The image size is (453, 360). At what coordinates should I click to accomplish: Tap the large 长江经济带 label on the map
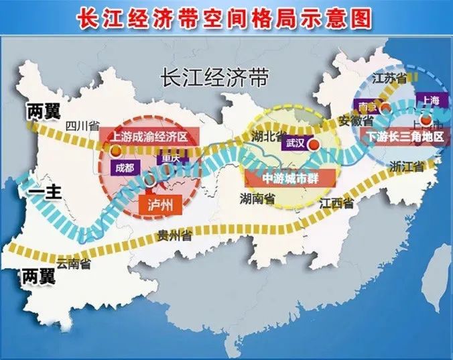point(214,78)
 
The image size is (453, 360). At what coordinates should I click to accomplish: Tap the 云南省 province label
point(74,263)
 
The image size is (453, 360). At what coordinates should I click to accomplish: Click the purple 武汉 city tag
point(295,142)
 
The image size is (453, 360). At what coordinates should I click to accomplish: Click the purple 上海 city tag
point(431,100)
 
